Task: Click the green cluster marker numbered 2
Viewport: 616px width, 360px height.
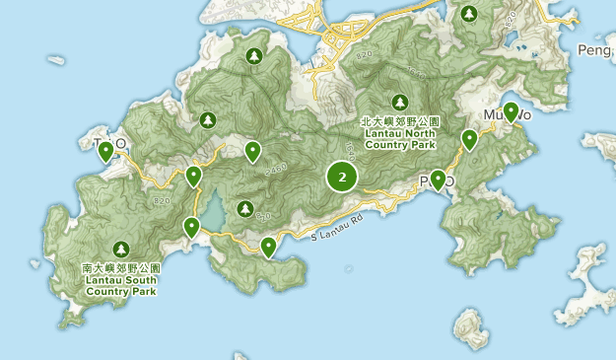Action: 342,178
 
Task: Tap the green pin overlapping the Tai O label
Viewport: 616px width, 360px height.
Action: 105,151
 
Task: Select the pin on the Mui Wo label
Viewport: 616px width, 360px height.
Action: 511,111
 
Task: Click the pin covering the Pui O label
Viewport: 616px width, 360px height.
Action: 438,180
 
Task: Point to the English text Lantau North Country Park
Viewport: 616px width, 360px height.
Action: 399,139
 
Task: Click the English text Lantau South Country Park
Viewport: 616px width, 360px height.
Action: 120,286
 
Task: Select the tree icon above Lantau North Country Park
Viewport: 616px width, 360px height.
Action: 399,102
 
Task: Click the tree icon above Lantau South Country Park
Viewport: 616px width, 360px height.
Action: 120,249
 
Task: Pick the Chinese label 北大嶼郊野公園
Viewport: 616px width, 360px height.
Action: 399,120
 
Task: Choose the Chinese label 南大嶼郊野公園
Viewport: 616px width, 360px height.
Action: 120,267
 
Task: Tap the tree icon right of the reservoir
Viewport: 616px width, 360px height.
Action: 242,208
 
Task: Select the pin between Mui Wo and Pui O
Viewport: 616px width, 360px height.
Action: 469,140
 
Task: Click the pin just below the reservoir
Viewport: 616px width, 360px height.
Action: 192,227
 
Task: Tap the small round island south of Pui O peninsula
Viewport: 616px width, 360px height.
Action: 471,325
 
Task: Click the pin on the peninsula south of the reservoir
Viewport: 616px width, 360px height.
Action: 268,247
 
